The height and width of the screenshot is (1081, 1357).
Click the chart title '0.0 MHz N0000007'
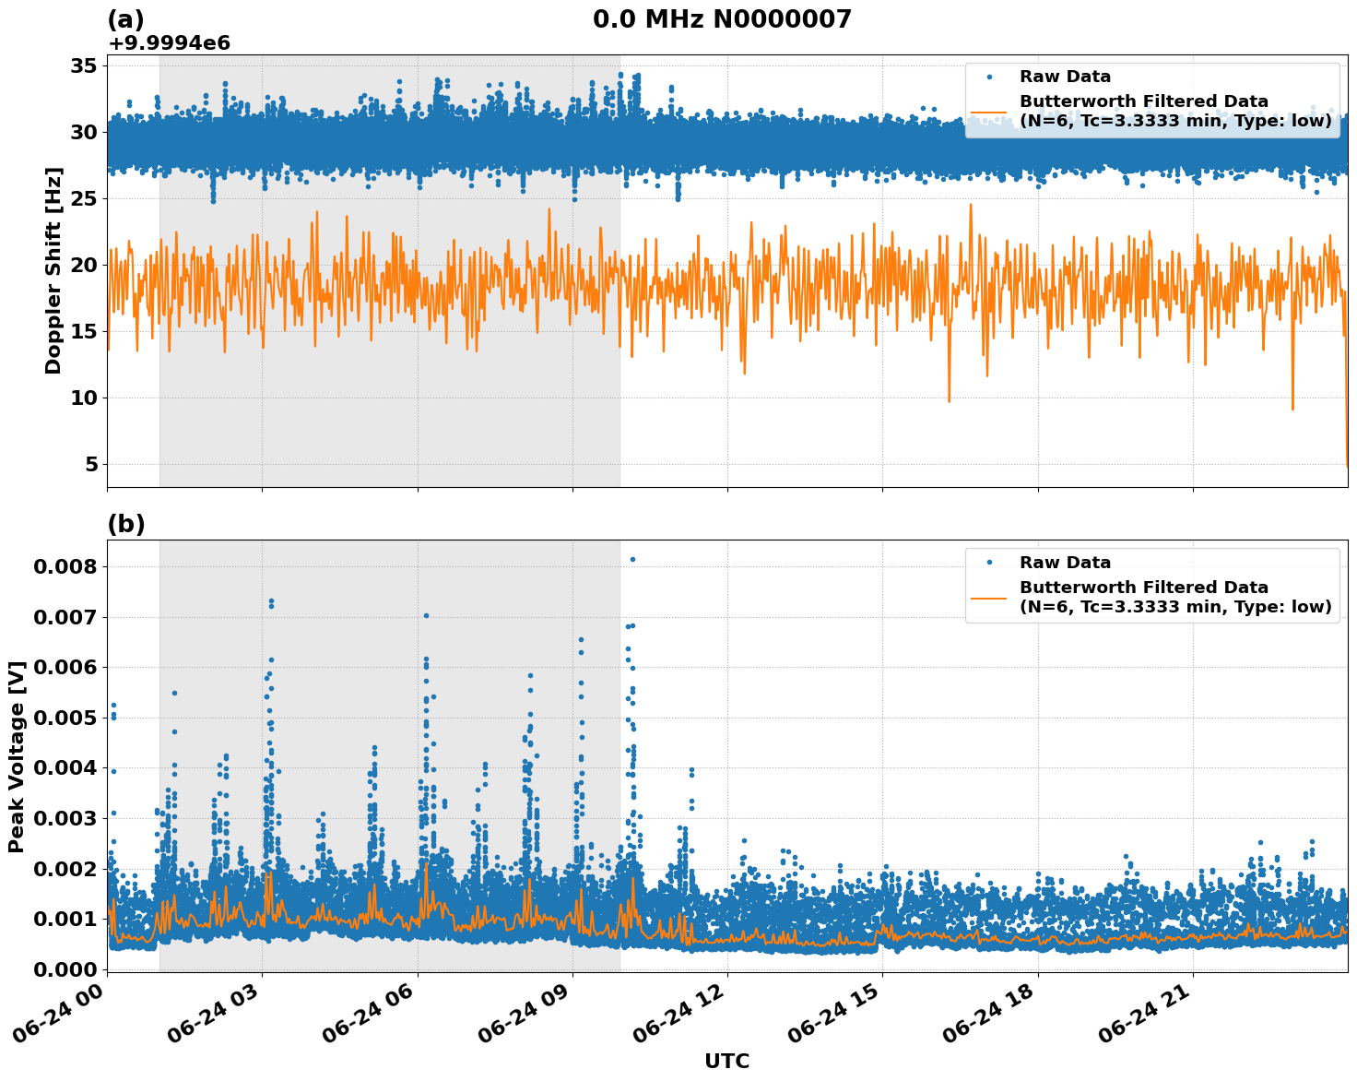click(x=722, y=19)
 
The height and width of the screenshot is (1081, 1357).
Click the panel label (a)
click(x=125, y=19)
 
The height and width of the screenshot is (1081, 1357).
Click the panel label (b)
click(x=125, y=524)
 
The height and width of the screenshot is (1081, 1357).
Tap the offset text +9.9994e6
click(x=169, y=43)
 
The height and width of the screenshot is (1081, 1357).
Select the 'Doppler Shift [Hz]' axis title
click(x=53, y=270)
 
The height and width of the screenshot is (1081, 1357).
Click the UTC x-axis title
click(x=726, y=1061)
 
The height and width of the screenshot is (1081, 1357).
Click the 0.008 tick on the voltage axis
click(x=65, y=566)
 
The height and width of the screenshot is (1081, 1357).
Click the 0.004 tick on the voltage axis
click(x=65, y=767)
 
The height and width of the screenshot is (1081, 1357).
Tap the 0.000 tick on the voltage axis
click(x=65, y=969)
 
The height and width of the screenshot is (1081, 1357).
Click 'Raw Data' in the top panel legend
click(x=1065, y=77)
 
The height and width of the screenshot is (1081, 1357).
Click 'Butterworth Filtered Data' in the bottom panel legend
click(x=1143, y=588)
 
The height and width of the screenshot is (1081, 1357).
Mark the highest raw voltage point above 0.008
click(x=632, y=559)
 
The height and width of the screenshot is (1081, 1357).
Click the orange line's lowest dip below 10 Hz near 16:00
click(x=949, y=401)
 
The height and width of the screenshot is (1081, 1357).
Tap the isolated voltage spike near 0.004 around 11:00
click(x=691, y=769)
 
